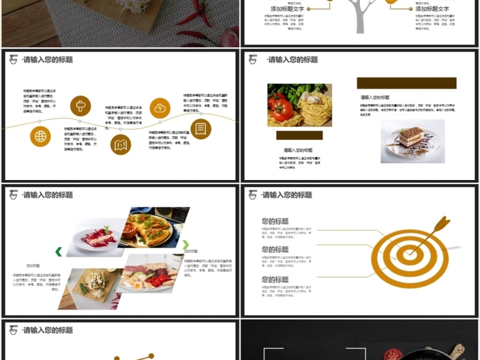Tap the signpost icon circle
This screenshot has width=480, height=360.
point(80,106)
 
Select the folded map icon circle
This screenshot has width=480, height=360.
point(121,144)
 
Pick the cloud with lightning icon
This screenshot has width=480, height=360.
point(160,108)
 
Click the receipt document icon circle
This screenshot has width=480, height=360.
point(200,128)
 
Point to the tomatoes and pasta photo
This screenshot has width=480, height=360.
point(299,104)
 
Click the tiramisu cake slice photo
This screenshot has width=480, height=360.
point(412,141)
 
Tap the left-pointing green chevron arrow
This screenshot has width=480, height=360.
point(59,251)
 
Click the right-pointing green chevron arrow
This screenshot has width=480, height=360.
point(186,245)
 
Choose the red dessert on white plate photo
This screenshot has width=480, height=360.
point(96,237)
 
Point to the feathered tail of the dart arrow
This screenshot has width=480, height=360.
point(442,223)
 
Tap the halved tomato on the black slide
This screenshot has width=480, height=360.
point(393,353)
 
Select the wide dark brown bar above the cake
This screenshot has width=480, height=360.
point(406,83)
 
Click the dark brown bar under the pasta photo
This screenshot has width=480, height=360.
point(299,135)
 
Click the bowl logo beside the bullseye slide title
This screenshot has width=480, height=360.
point(253,194)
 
